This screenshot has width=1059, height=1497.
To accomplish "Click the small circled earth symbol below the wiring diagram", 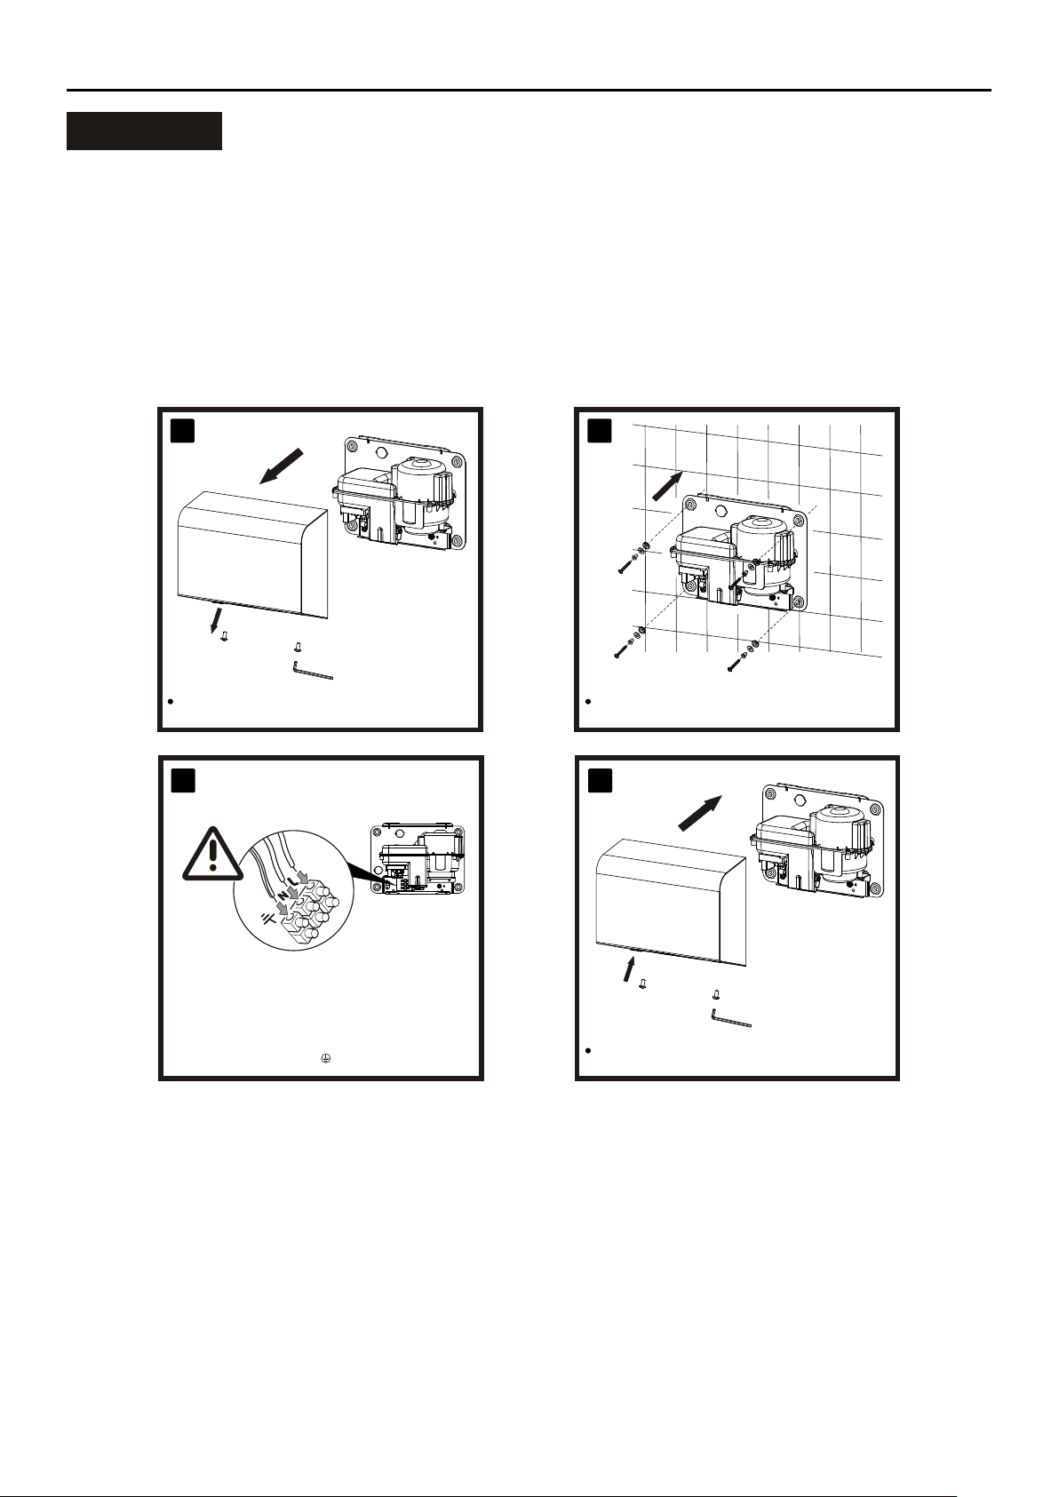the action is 325,1059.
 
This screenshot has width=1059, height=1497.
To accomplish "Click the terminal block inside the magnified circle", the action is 311,910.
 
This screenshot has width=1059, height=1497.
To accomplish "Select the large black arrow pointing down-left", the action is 282,466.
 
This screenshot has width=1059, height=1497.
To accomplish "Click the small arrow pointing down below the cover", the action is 214,619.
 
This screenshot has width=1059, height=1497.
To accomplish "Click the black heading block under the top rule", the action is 144,131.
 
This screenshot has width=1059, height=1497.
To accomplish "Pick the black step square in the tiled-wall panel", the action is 600,431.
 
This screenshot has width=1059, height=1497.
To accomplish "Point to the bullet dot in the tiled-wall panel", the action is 588,702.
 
